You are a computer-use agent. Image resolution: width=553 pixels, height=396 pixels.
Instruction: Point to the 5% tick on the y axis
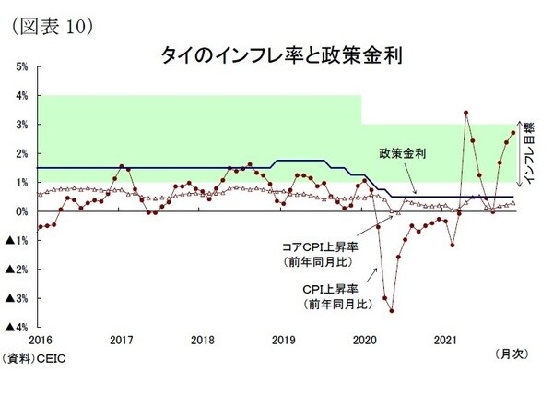[x=21, y=66]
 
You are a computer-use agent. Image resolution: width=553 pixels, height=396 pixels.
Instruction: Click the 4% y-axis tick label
[x=21, y=95]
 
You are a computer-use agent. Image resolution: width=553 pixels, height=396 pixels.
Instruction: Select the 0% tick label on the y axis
[x=21, y=211]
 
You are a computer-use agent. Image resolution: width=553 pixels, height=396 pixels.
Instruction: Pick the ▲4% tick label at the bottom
[x=18, y=327]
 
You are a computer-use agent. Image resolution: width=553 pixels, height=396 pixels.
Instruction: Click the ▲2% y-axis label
[x=18, y=270]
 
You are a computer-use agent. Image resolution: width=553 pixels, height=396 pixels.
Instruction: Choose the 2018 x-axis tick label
[x=203, y=340]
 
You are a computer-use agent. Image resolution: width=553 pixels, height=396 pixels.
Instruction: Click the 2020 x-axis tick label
[x=366, y=340]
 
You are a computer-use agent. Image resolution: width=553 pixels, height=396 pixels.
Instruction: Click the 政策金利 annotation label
[x=401, y=153]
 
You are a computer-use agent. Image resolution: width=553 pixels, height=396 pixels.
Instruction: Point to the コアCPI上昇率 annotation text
[x=321, y=247]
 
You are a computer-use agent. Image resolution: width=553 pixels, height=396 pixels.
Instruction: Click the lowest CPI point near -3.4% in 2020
[x=392, y=310]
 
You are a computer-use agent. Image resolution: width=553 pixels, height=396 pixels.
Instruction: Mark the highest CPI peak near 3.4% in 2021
[x=466, y=114]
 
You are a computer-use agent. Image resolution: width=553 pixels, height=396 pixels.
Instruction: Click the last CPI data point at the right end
[x=513, y=133]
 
